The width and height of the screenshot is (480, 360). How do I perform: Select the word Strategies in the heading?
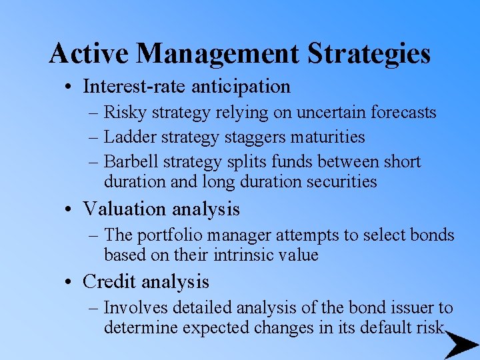[374, 53]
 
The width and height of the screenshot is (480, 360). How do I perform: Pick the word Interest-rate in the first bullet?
[135, 87]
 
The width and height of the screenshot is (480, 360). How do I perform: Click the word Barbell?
[129, 162]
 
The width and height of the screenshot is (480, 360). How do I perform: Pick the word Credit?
[108, 282]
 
